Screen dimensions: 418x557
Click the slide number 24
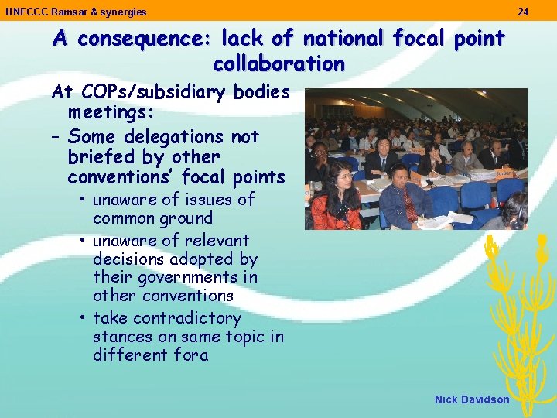coord(523,12)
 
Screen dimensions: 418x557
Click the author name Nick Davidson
coord(472,399)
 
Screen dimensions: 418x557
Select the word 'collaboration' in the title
coord(278,63)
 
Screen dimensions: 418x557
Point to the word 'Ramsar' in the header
coord(64,12)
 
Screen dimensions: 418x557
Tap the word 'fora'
coord(193,355)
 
